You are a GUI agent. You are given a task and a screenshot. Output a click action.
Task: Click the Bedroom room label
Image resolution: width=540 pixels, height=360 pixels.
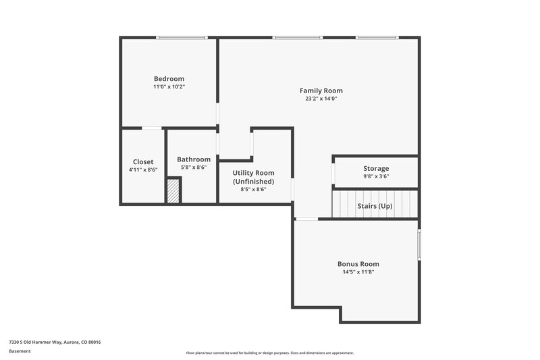tap(169, 78)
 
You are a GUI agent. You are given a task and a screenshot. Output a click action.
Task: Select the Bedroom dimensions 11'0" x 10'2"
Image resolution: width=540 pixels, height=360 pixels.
tap(169, 86)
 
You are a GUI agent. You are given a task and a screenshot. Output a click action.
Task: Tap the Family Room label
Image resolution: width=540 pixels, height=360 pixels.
tap(321, 91)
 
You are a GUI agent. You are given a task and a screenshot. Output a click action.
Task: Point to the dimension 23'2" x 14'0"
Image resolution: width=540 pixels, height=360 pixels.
tap(321, 99)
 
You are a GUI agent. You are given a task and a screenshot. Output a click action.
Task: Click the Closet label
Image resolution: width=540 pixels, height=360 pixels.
tap(143, 161)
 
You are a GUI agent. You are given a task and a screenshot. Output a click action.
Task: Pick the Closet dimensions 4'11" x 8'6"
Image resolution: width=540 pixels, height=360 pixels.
tap(143, 170)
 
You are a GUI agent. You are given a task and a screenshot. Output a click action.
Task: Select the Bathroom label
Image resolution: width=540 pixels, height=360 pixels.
tap(194, 159)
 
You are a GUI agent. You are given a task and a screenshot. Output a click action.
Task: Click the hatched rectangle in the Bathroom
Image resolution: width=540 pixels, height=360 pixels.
tap(174, 190)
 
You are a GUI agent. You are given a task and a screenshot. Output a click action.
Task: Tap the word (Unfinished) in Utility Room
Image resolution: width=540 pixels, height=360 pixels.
tap(254, 182)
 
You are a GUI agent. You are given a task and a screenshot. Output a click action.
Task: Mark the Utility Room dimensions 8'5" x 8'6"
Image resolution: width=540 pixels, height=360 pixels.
tap(254, 190)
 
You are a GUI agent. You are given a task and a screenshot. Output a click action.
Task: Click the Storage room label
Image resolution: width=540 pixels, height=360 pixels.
tap(376, 168)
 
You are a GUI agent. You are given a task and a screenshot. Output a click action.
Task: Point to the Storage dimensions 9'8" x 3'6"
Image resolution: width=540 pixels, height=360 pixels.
tap(376, 176)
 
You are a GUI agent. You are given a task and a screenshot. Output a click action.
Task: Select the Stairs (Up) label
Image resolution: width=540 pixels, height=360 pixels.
tap(375, 206)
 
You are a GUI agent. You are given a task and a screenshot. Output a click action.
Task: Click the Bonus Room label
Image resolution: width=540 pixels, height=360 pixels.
tap(358, 264)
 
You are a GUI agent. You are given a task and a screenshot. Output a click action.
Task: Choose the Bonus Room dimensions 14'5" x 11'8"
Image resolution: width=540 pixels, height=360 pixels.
tap(358, 272)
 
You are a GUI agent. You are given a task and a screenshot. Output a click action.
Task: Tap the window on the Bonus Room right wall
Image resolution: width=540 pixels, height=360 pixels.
tap(418, 244)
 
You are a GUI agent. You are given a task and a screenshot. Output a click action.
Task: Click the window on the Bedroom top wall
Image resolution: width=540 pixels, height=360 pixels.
tap(172, 38)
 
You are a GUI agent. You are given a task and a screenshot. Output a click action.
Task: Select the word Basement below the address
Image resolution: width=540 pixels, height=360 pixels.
tap(19, 351)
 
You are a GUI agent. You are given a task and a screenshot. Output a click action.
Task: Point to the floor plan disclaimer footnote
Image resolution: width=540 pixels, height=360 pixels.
tap(269, 353)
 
